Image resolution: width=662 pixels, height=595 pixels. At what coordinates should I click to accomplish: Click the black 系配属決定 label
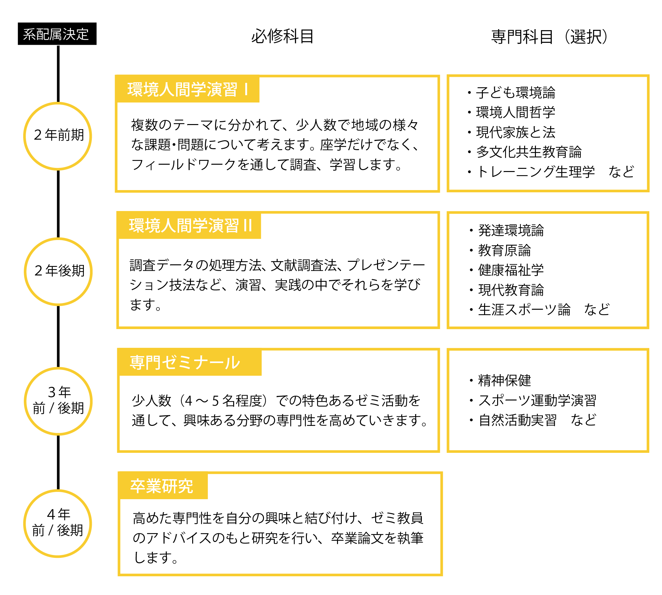click(57, 34)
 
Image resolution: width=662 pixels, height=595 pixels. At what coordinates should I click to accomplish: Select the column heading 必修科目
click(282, 36)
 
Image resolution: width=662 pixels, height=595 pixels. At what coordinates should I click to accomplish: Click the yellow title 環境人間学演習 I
click(187, 89)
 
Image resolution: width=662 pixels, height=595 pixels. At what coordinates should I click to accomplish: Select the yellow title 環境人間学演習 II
click(190, 226)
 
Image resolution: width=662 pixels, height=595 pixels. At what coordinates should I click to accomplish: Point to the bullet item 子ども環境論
click(515, 93)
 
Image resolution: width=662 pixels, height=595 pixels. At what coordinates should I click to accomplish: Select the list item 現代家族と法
click(515, 132)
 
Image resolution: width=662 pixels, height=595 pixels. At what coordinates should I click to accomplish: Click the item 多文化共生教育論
click(529, 152)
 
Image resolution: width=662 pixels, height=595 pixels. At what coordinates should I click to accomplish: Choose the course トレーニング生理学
click(535, 172)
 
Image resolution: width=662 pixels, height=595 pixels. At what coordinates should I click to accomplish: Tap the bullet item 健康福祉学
click(510, 270)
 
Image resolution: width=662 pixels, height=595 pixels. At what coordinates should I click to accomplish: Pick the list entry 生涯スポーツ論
click(524, 310)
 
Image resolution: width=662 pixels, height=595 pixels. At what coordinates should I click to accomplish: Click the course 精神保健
click(504, 380)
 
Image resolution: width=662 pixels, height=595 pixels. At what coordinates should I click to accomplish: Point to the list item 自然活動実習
click(517, 420)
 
